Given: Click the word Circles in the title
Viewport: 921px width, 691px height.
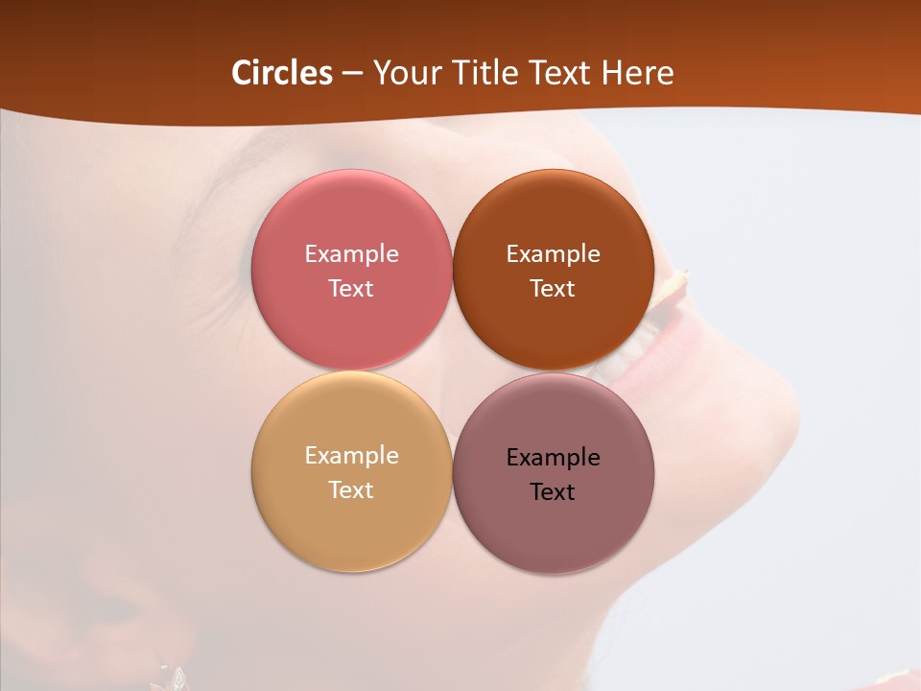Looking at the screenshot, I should pyautogui.click(x=282, y=73).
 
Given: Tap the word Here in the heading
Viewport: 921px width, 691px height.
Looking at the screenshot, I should pyautogui.click(x=637, y=73).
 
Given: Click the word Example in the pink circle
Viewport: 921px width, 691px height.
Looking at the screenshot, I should pyautogui.click(x=351, y=254).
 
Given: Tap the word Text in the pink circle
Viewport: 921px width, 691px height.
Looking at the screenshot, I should pyautogui.click(x=351, y=289).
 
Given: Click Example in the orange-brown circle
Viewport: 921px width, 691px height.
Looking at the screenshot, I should pyautogui.click(x=553, y=254).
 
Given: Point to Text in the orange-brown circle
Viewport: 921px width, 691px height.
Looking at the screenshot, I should pyautogui.click(x=553, y=289).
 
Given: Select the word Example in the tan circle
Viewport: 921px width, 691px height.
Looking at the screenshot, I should pyautogui.click(x=351, y=456).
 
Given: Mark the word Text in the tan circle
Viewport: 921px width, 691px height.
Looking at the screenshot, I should pyautogui.click(x=351, y=490).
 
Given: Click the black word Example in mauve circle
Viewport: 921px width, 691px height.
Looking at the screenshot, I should pyautogui.click(x=553, y=458).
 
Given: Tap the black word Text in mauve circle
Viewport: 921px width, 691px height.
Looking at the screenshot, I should pyautogui.click(x=553, y=492).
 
